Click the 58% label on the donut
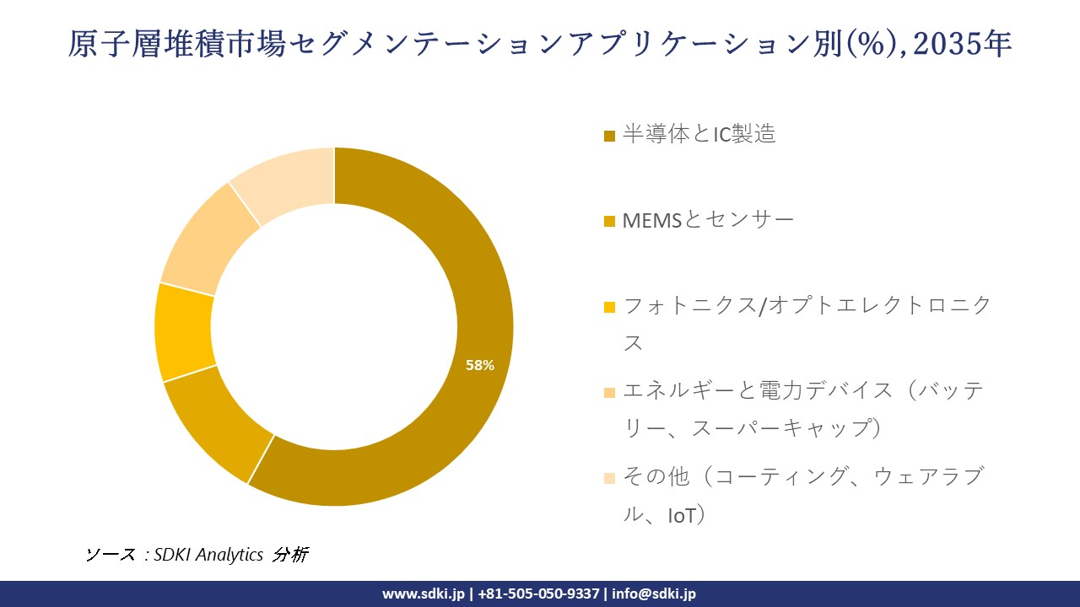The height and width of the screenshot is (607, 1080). pyautogui.click(x=480, y=365)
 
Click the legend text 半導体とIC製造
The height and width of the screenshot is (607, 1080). pyautogui.click(x=699, y=134)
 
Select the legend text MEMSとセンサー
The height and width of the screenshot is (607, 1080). pyautogui.click(x=708, y=220)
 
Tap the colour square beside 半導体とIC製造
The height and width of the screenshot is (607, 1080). pyautogui.click(x=609, y=136)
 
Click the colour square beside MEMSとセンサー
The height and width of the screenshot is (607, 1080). pyautogui.click(x=609, y=222)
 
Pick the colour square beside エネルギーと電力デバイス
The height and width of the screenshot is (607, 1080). pyautogui.click(x=609, y=392)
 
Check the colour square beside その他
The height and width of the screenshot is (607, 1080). pyautogui.click(x=609, y=478)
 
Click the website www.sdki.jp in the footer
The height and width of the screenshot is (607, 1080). pyautogui.click(x=424, y=594)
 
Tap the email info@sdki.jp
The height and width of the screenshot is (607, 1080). pyautogui.click(x=653, y=594)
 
